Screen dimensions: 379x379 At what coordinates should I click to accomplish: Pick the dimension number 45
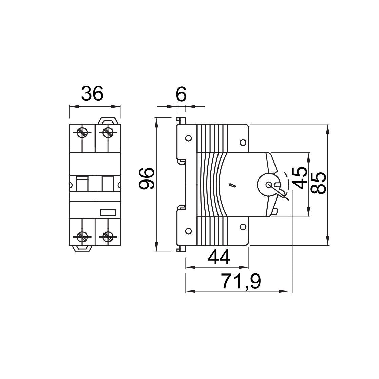tap(299, 178)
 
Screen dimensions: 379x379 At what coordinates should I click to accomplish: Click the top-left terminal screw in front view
tap(82, 132)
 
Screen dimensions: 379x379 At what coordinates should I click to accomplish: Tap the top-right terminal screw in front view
tap(108, 132)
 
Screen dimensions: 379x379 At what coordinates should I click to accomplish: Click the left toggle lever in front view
tap(82, 184)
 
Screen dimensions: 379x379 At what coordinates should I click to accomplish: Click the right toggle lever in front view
tap(108, 184)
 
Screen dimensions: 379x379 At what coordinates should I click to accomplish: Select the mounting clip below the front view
tap(82, 248)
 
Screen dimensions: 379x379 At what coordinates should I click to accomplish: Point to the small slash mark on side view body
tap(232, 185)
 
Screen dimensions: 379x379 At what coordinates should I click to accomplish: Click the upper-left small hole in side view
tap(188, 138)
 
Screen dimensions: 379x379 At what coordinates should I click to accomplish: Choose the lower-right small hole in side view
tap(243, 227)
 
